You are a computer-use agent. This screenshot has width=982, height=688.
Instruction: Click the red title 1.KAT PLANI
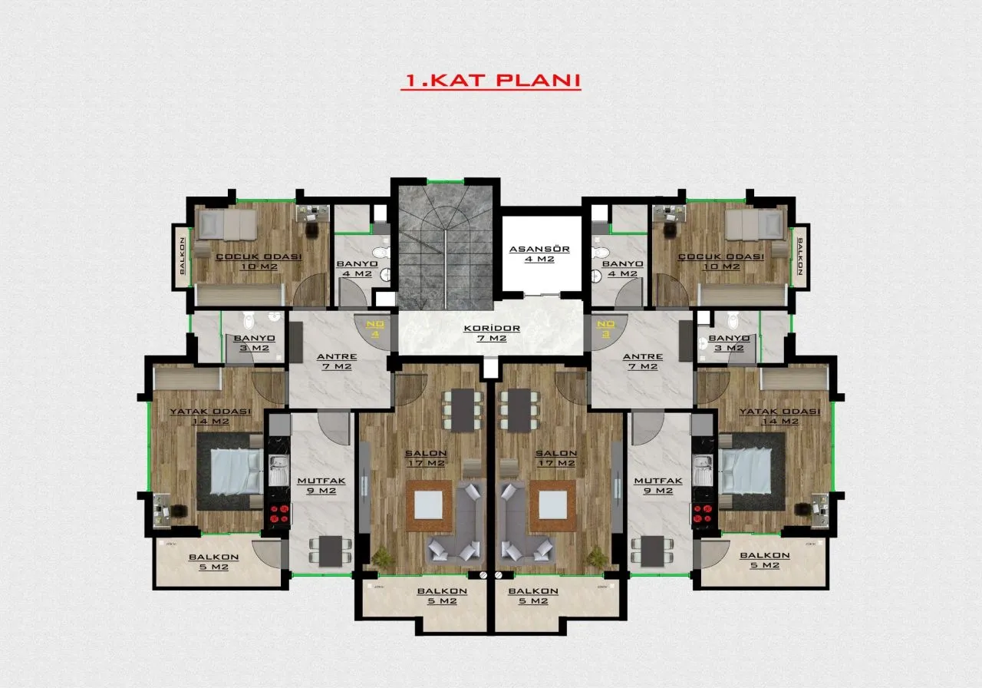point(491,81)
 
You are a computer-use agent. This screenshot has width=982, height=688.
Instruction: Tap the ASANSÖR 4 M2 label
point(539,254)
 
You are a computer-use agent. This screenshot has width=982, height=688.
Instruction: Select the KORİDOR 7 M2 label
point(492,333)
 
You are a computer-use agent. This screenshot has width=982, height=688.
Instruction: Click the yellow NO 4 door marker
point(375,329)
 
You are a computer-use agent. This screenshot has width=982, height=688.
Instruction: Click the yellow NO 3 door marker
point(605,329)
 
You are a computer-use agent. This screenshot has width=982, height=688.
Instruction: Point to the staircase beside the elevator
point(446,247)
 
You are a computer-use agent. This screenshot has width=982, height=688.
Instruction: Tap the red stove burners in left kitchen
point(278,514)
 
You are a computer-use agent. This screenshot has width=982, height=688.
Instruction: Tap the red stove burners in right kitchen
point(703,514)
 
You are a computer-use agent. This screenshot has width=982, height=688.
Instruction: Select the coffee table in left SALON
point(428,505)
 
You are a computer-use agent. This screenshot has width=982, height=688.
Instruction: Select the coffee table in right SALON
point(553,505)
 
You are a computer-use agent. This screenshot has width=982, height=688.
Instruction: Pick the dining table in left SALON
point(463,410)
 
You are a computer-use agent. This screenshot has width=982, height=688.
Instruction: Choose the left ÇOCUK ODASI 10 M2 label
point(259,262)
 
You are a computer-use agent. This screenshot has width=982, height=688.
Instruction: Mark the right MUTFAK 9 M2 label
point(658,486)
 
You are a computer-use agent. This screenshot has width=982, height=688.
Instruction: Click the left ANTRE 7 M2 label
point(337,362)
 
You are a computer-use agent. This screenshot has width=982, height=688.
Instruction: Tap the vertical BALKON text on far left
point(183,256)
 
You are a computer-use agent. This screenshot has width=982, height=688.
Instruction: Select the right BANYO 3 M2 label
point(729,343)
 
